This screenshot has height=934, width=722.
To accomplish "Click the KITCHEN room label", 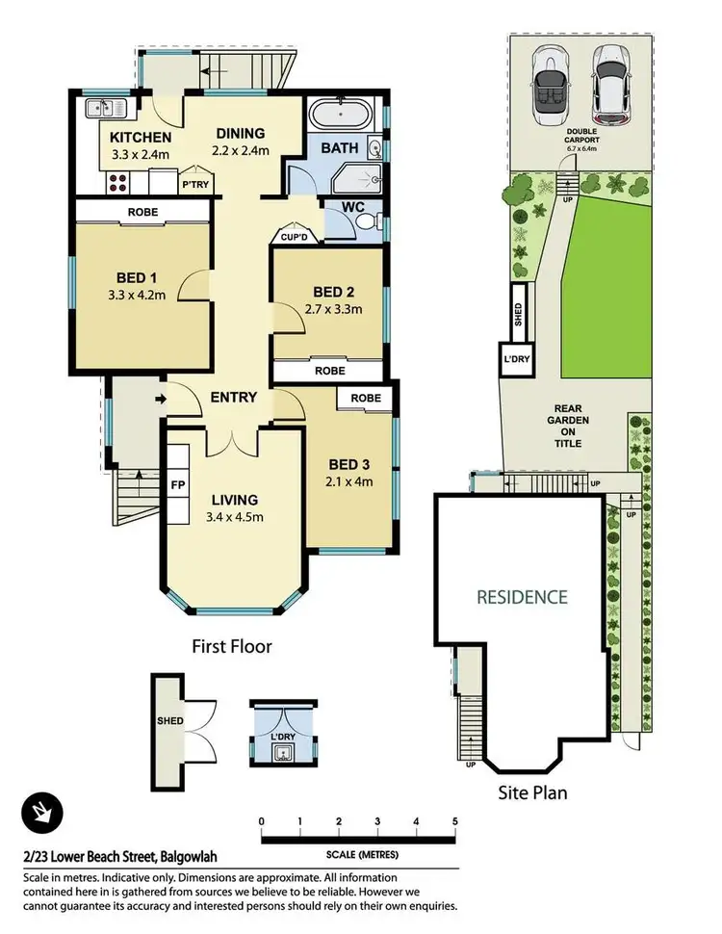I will pyautogui.click(x=141, y=137).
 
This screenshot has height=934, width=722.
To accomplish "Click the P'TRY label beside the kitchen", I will pyautogui.click(x=194, y=184).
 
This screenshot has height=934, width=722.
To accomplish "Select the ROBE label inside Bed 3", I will pyautogui.click(x=365, y=398).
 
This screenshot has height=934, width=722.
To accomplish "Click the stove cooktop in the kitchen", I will pyautogui.click(x=117, y=182).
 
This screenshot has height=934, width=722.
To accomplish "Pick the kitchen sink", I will pyautogui.click(x=98, y=108).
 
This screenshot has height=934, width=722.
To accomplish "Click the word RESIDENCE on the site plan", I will pyautogui.click(x=522, y=597).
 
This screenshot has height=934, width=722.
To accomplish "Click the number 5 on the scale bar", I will pyautogui.click(x=455, y=821).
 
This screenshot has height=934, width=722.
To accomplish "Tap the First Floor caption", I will pyautogui.click(x=231, y=646).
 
